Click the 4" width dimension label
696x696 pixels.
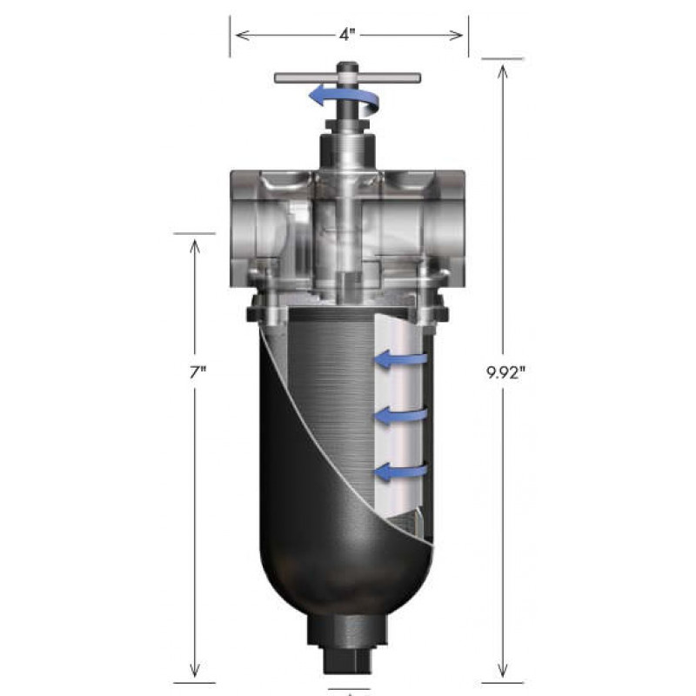(347, 35)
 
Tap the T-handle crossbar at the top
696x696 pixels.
(347, 78)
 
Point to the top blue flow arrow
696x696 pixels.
(401, 358)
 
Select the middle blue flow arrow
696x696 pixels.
(401, 416)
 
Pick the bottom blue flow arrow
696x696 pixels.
(401, 472)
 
